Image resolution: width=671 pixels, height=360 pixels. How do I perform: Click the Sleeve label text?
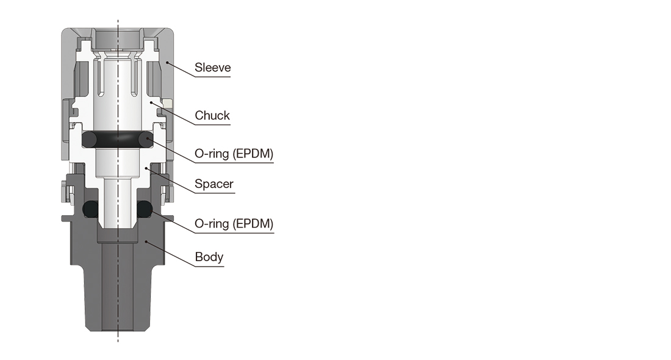213,68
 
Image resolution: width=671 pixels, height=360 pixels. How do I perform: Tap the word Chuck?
212,115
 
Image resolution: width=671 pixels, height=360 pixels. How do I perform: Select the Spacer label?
214,184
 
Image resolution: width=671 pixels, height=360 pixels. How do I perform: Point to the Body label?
209,257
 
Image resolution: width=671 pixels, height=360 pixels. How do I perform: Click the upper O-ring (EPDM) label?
234,154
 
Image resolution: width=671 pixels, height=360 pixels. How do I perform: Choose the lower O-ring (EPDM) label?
234,223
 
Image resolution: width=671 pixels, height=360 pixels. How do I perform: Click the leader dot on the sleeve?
167,63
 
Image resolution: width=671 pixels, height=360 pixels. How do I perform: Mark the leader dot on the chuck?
151,103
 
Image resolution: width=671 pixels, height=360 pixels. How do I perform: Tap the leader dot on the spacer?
146,168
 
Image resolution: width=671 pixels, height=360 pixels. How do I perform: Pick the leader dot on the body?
146,242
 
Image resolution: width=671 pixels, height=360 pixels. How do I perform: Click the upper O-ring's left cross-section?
90,140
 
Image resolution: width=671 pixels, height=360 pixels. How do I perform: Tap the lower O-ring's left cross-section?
90,209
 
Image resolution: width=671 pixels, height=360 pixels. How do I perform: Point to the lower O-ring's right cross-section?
145,209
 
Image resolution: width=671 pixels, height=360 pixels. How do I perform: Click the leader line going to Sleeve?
181,70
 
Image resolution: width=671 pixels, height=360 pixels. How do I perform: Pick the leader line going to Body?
171,254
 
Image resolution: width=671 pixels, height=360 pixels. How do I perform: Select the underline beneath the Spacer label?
215,193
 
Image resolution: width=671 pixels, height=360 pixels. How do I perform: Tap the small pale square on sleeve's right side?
168,104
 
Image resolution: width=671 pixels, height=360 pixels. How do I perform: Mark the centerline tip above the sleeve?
118,20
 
